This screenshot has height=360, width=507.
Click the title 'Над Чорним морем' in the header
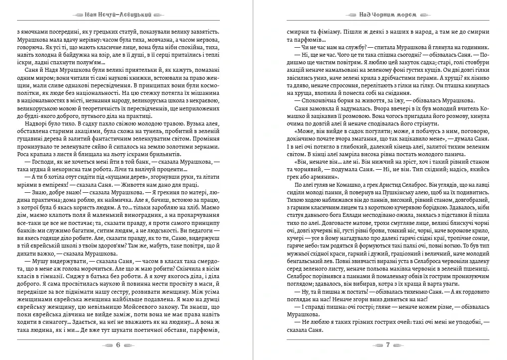click(x=382, y=15)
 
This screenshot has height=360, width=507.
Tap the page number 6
click(x=118, y=345)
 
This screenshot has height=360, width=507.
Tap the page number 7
click(x=388, y=345)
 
